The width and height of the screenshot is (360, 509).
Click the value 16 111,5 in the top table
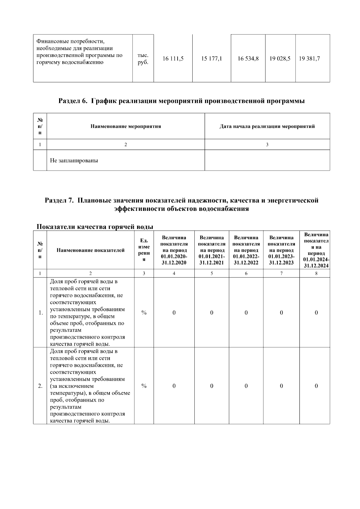click(x=173, y=59)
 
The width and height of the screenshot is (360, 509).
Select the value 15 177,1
click(x=211, y=59)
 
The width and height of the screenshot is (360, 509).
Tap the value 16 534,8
click(x=248, y=59)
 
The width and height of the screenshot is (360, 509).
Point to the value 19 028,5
click(x=280, y=59)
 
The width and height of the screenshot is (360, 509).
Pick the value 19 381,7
click(x=309, y=59)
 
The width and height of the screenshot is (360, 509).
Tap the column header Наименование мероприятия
click(x=126, y=126)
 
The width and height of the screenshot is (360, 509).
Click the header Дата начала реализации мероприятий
click(x=267, y=126)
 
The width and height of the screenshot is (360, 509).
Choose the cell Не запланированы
click(x=74, y=160)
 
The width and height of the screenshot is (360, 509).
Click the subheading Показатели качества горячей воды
click(x=95, y=227)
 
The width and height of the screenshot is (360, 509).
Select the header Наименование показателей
click(x=91, y=250)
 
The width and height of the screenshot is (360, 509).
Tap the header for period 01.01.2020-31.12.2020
click(x=174, y=250)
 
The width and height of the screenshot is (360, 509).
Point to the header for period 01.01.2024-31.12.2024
click(x=316, y=250)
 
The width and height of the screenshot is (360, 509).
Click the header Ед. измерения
click(x=144, y=250)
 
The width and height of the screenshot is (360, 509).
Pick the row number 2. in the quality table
click(x=40, y=386)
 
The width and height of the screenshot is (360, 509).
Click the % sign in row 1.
click(x=144, y=313)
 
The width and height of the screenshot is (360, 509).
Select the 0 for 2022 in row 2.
click(x=246, y=386)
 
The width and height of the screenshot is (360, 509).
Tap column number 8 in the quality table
click(x=316, y=273)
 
